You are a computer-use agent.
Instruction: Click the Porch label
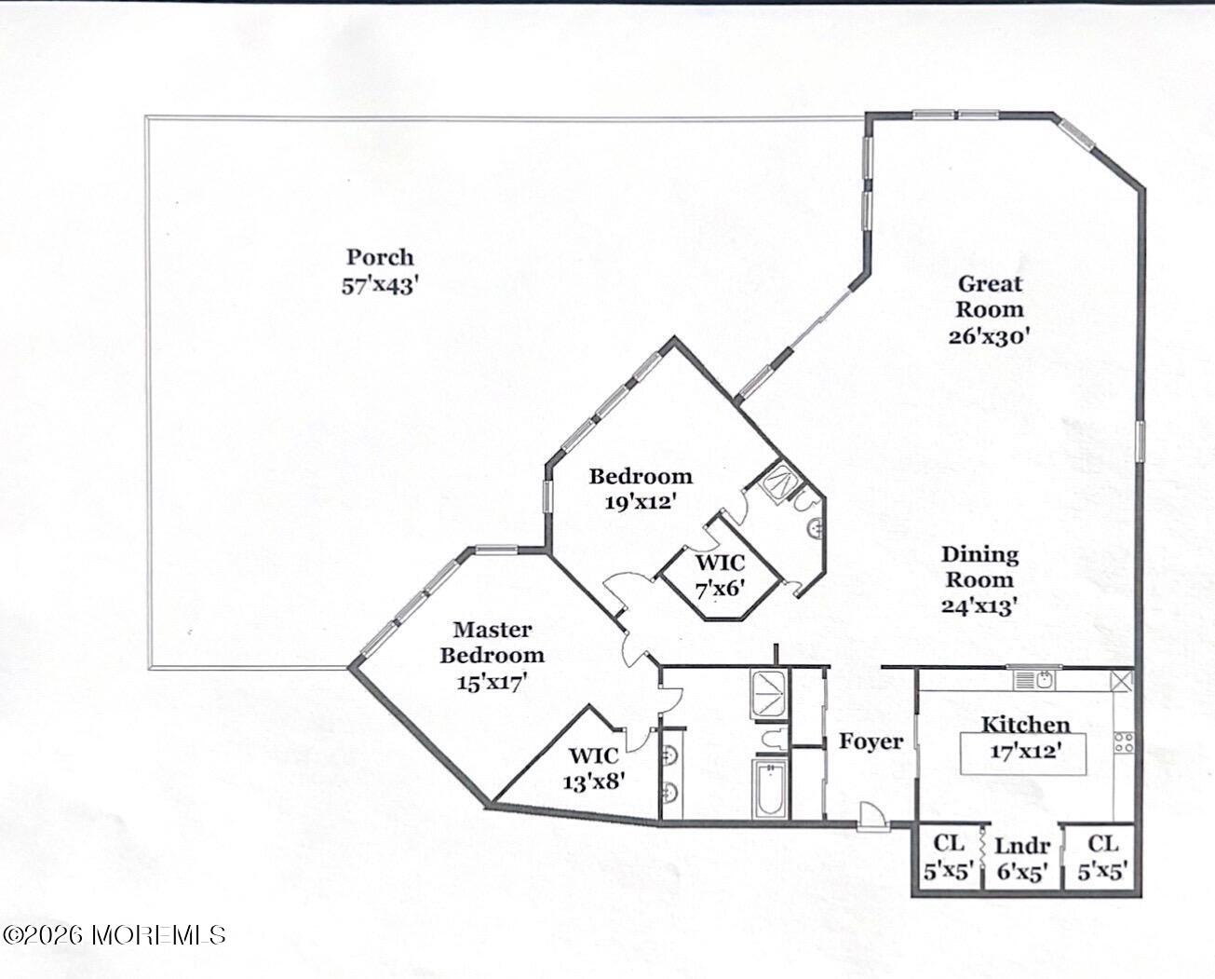coord(380,257)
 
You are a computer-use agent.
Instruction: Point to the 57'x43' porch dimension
coord(380,285)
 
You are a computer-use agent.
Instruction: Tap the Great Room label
coord(990,296)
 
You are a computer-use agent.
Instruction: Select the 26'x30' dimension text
coord(990,335)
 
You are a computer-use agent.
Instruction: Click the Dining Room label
coord(979,566)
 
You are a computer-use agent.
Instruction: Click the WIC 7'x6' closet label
coord(719,576)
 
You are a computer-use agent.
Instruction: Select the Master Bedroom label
coord(492,642)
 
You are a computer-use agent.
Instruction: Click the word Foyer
coord(871,741)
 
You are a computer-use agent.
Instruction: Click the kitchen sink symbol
coord(1036,679)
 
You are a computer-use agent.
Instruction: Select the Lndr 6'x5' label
coord(1022,859)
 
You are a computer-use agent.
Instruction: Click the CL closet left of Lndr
coord(948,858)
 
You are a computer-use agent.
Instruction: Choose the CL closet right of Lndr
coord(1102,858)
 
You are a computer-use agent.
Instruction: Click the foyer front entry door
coord(872,816)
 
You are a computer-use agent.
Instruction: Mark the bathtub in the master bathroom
coord(770,789)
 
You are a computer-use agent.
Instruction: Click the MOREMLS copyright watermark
coord(114,934)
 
